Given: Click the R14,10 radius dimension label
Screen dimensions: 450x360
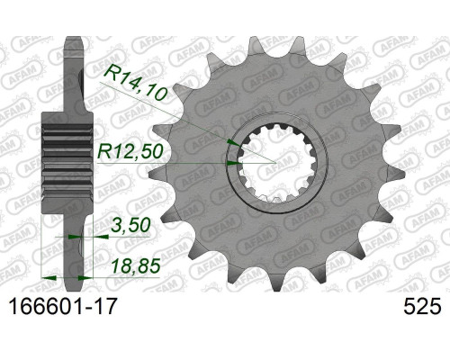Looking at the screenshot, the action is pyautogui.click(x=137, y=82).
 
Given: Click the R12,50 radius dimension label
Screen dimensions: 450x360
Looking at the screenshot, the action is pyautogui.click(x=130, y=151).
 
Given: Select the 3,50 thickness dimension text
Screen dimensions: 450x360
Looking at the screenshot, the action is pyautogui.click(x=130, y=225).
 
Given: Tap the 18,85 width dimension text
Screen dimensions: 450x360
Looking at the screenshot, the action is pyautogui.click(x=135, y=266).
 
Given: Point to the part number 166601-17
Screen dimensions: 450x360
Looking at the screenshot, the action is pyautogui.click(x=62, y=306).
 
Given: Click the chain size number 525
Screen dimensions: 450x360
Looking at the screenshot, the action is pyautogui.click(x=422, y=306).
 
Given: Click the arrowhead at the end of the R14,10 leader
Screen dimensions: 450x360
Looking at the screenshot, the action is pyautogui.click(x=233, y=142).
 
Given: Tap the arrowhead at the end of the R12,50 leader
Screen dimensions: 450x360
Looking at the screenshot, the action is pyautogui.click(x=233, y=163).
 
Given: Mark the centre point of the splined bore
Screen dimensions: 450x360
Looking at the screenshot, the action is pyautogui.click(x=276, y=163).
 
